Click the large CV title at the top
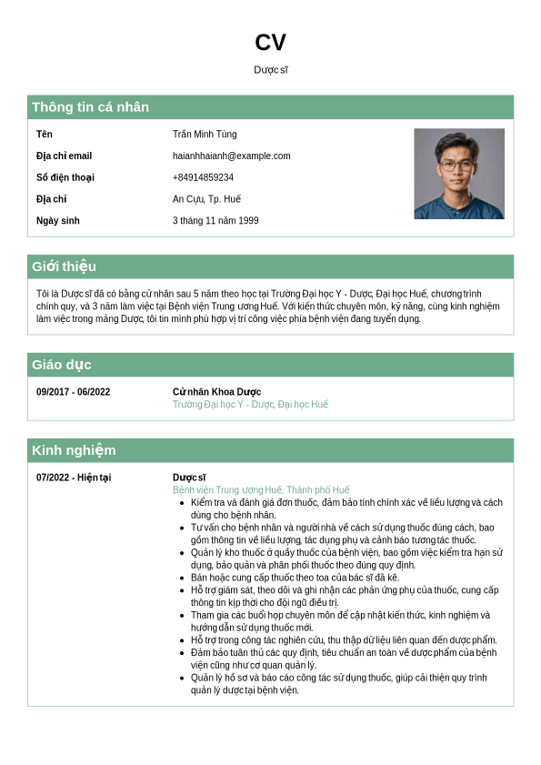coord(270,43)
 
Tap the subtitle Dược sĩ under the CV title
coord(270,70)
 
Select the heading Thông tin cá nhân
coord(90,107)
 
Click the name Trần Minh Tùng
coord(205,135)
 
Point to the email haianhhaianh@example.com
coord(231,156)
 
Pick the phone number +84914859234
coord(203,177)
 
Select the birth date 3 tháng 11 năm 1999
coord(215,221)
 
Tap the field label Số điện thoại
coord(65,177)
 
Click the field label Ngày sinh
coord(58,221)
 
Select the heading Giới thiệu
coord(64,267)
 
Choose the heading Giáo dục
coord(61,365)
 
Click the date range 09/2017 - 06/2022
coord(74,392)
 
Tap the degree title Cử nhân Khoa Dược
coord(216,392)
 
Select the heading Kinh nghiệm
coord(74,450)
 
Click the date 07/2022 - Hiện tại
coord(74,478)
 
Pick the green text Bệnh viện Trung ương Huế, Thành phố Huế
coord(261,490)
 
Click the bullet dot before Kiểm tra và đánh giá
coord(182,502)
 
